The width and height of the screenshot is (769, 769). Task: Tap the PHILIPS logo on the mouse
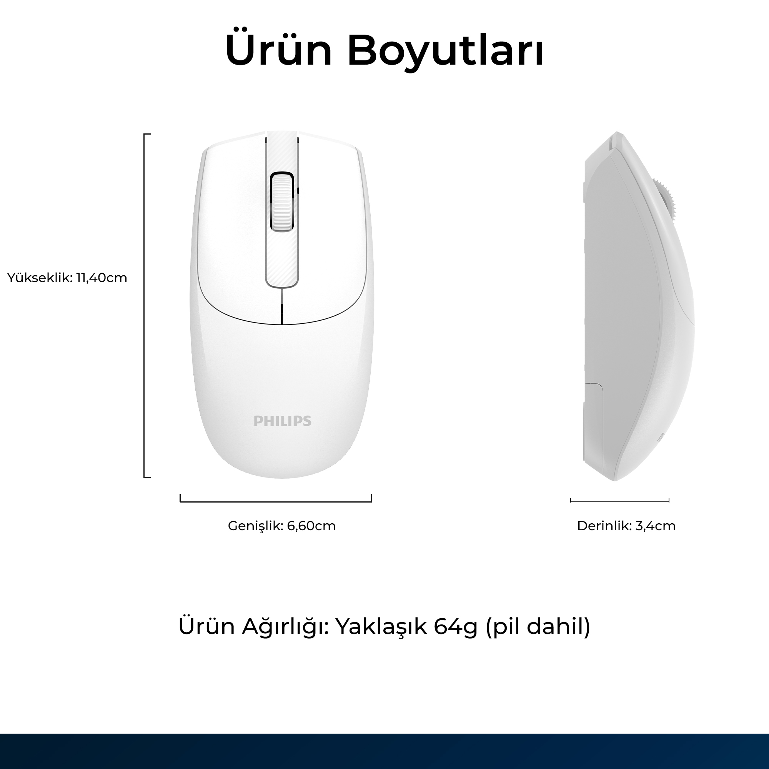282,421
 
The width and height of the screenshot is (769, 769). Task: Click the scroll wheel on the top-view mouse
282,201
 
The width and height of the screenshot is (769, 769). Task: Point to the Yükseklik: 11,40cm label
67,278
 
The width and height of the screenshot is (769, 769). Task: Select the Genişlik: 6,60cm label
282,526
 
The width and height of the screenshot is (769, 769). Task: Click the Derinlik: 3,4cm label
626,526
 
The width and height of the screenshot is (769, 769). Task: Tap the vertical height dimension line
145,306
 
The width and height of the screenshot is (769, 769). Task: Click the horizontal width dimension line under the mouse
276,501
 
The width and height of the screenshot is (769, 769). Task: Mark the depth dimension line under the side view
620,501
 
